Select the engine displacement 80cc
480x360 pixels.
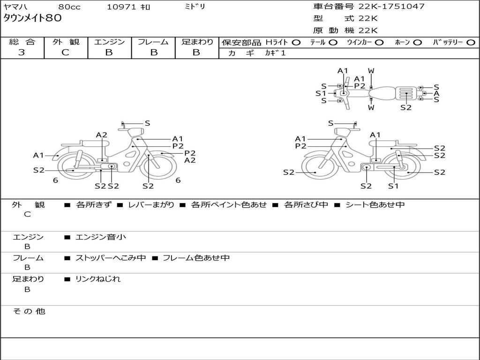[69, 7]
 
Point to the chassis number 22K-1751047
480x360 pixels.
[391, 7]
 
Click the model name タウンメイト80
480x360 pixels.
[32, 18]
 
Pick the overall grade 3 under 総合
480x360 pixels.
[22, 52]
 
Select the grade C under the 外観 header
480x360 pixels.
[66, 52]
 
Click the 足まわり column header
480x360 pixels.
[197, 42]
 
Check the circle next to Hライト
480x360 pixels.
[297, 43]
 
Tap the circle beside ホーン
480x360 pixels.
[418, 43]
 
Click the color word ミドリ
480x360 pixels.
[195, 7]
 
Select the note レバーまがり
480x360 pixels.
[151, 205]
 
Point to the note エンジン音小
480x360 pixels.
[101, 237]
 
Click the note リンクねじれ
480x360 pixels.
[98, 279]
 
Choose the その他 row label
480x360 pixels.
[29, 311]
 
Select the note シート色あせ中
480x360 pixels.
[375, 205]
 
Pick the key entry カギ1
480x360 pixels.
[275, 53]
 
